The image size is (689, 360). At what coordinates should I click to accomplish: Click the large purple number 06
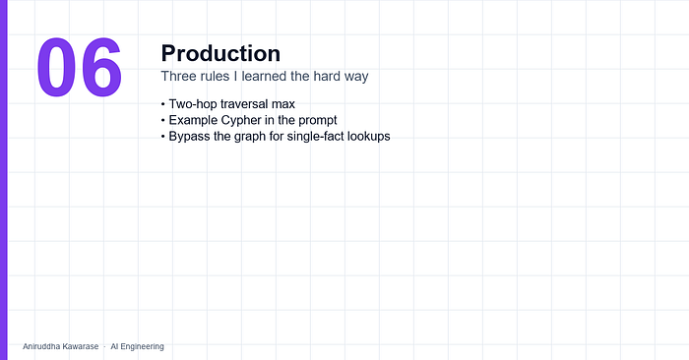click(79, 67)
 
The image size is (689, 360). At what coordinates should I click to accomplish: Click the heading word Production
click(220, 53)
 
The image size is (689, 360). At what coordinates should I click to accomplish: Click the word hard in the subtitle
click(327, 76)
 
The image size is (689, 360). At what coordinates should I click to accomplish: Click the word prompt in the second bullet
click(318, 121)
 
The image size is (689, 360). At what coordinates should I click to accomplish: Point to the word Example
click(193, 120)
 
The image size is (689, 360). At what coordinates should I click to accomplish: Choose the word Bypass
click(189, 137)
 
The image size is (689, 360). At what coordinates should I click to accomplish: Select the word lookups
click(369, 137)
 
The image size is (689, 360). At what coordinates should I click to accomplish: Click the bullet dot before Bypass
click(163, 137)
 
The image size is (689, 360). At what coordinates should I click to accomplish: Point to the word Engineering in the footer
click(142, 347)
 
